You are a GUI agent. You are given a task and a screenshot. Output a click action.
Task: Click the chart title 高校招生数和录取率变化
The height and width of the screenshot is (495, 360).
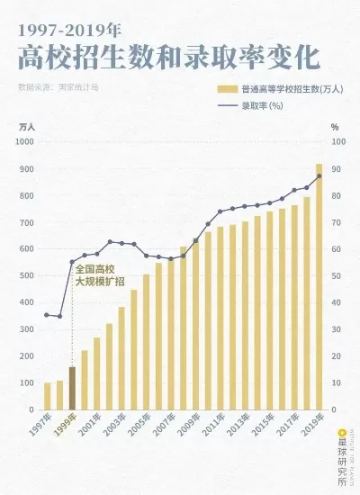point(168,57)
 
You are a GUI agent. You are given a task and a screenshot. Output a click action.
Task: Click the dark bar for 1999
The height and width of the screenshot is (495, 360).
point(72,387)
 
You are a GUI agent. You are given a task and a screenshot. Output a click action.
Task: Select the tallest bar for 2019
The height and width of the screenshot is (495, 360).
point(319,286)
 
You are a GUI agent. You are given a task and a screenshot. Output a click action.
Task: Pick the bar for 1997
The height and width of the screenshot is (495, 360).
point(48,395)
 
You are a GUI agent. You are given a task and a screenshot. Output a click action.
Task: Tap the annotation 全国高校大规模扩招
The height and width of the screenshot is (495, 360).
point(95,274)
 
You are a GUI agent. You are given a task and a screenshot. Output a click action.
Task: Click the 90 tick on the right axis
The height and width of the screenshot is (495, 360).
point(337,169)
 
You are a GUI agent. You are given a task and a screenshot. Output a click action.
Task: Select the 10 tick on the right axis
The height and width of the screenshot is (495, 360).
point(337,382)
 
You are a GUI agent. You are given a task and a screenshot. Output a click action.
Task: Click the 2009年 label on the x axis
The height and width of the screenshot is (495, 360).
point(187,427)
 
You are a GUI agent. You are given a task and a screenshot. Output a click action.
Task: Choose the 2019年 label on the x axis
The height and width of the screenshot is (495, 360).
point(310,427)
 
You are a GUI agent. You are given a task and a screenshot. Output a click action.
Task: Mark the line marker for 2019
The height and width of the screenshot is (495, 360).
point(319,175)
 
